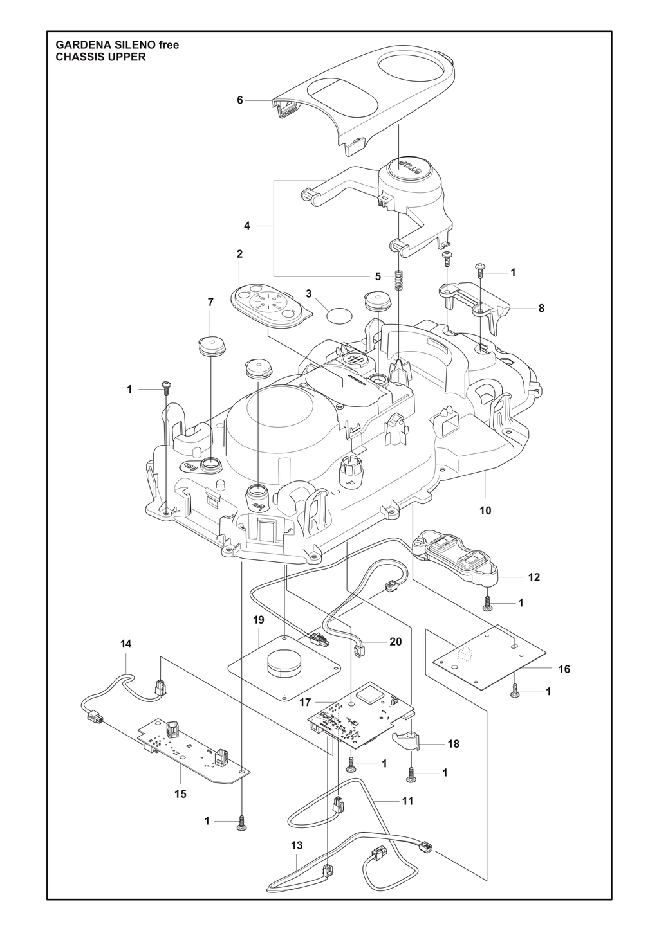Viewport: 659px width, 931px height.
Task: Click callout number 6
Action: click(x=240, y=100)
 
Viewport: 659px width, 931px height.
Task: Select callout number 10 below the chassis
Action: click(x=485, y=511)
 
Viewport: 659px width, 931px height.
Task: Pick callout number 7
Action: click(x=210, y=302)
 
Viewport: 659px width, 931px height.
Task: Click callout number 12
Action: click(x=534, y=577)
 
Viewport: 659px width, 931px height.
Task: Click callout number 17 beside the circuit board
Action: click(x=305, y=702)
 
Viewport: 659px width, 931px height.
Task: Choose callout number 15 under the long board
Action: click(x=180, y=794)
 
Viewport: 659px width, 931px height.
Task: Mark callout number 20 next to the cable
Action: click(x=396, y=642)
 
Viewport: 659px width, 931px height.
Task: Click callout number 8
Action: click(x=541, y=309)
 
